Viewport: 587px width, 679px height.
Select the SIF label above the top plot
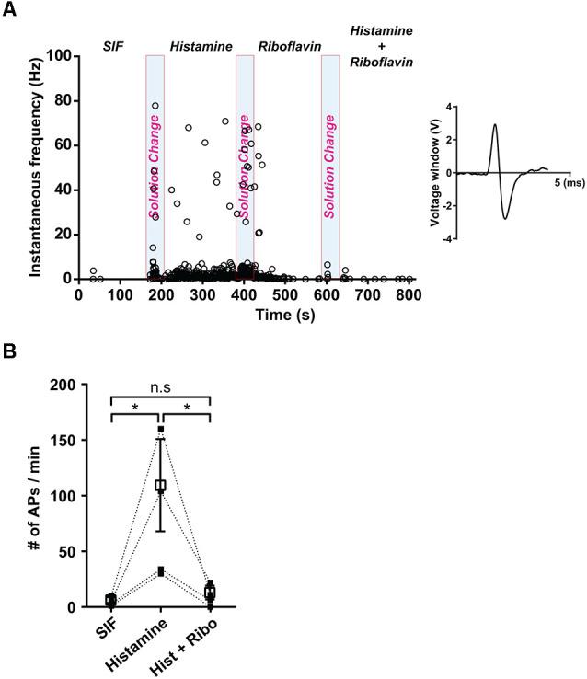click(111, 45)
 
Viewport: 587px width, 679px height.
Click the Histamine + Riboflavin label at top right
click(381, 47)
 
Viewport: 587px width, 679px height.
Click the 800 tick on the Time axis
click(409, 295)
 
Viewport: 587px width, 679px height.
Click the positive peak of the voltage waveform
click(495, 125)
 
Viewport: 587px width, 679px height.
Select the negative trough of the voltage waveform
click(505, 218)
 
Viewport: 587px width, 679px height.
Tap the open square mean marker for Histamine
click(160, 485)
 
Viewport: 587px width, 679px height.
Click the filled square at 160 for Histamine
click(160, 429)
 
